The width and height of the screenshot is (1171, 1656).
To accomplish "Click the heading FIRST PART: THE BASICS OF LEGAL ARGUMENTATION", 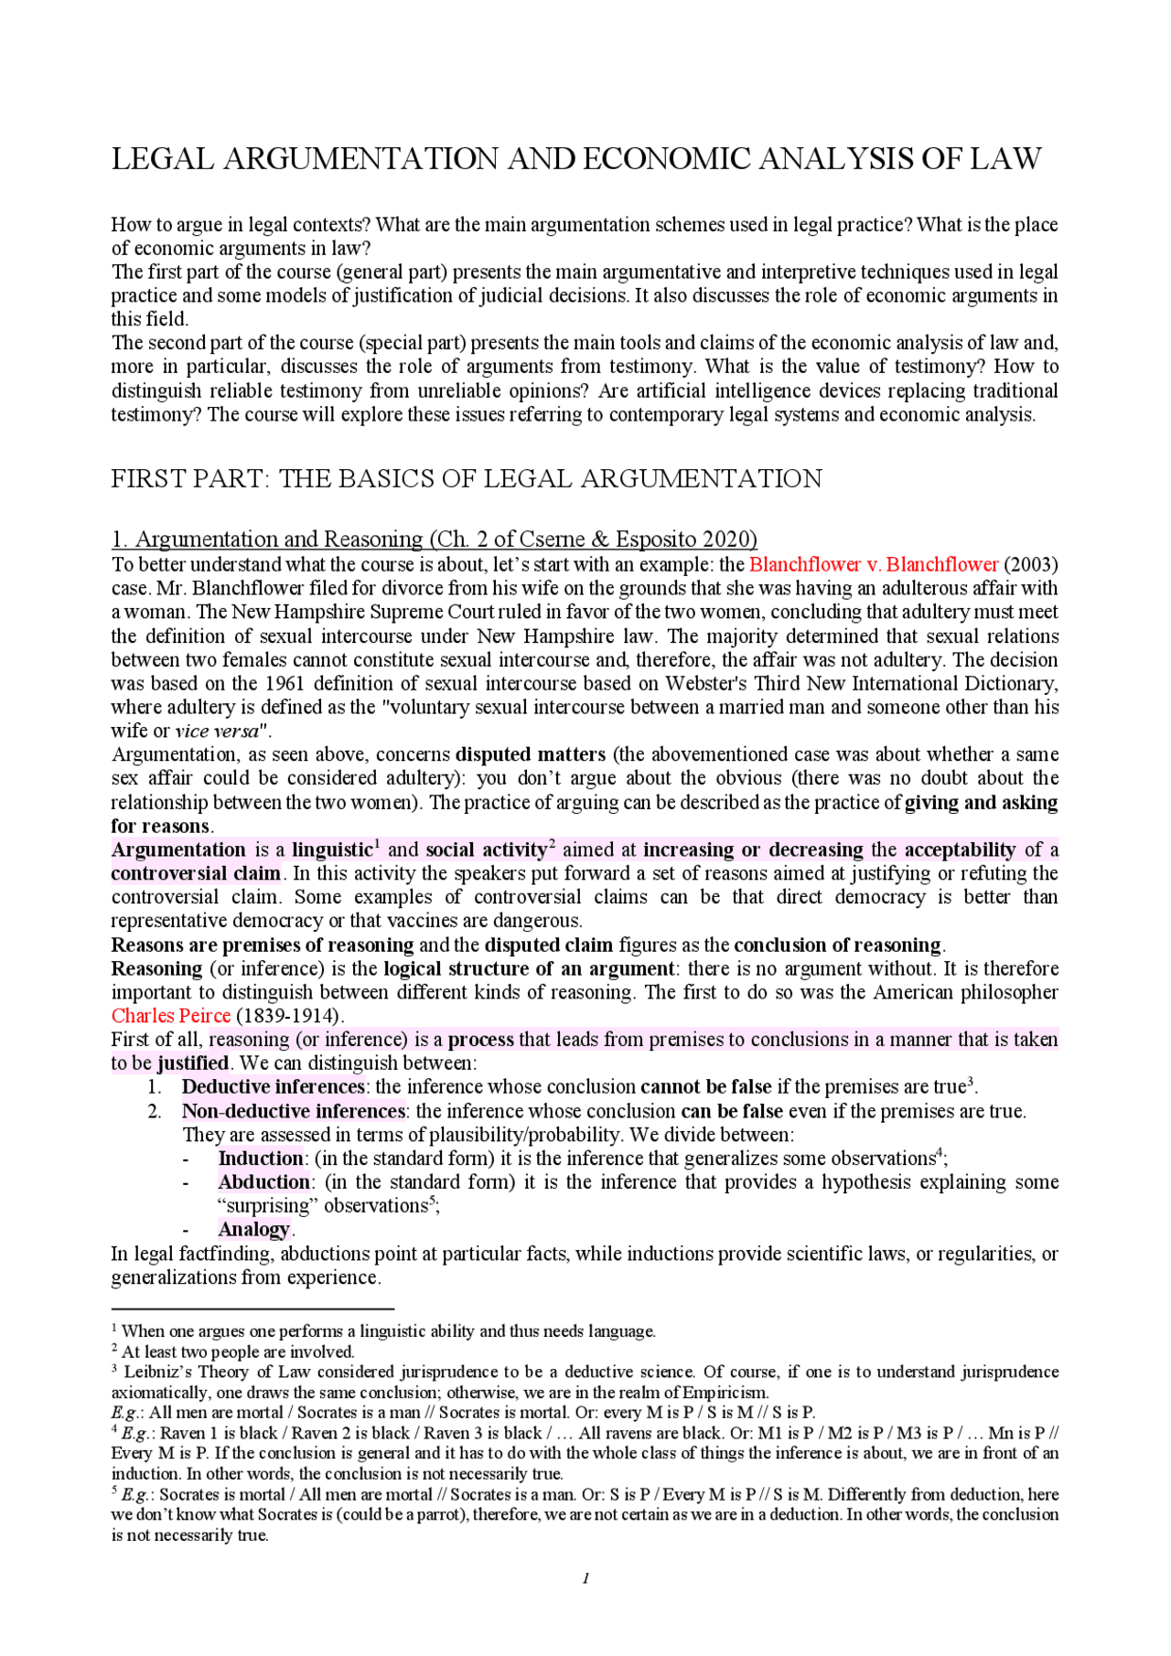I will coord(467,479).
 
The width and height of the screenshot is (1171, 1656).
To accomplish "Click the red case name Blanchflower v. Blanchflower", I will coord(874,564).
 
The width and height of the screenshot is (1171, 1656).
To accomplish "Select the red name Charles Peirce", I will coord(171,1016).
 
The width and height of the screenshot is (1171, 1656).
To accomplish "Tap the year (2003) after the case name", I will coord(1030,564).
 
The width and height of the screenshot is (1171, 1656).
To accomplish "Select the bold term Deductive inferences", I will coord(273,1086).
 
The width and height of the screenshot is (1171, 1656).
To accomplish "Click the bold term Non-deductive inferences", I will coord(293,1111).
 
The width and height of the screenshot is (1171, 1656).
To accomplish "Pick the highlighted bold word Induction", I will coord(260,1158).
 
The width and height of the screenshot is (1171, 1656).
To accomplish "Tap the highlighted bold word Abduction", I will coord(263,1181).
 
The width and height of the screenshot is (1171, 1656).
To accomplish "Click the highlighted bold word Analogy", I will coord(253,1229).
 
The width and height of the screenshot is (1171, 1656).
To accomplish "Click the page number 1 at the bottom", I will coord(585,1577).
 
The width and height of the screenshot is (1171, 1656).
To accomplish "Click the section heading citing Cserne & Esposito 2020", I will coord(434,540).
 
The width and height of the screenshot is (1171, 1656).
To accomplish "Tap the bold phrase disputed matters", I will coord(531,754).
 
